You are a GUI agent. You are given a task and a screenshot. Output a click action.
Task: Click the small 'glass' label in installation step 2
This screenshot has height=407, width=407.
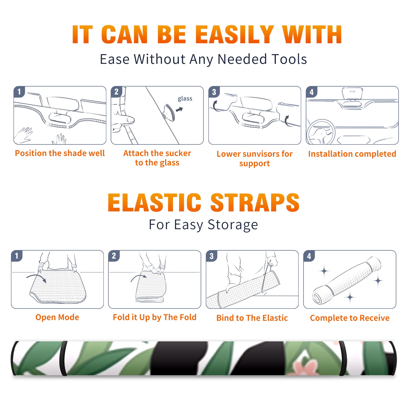point(185,99)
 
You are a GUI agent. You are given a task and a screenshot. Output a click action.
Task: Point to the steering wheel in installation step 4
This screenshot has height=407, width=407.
point(321,132)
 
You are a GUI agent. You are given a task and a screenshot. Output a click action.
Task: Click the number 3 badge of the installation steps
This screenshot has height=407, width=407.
point(214,92)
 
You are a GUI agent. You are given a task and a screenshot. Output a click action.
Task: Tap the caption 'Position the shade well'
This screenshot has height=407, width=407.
point(60,153)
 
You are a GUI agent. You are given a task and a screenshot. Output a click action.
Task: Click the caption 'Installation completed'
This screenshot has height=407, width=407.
point(352,154)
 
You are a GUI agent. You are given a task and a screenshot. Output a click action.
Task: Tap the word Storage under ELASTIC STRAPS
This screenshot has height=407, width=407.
point(233,225)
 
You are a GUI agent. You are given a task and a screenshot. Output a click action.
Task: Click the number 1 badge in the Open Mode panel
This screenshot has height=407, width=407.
point(17,256)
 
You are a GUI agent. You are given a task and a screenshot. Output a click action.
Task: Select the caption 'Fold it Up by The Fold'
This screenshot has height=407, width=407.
point(155,317)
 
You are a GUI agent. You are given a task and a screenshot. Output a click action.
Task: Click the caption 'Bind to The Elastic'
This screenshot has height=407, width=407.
point(252,318)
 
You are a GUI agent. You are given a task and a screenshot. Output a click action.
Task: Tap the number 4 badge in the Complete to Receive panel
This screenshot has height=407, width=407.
point(309,256)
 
